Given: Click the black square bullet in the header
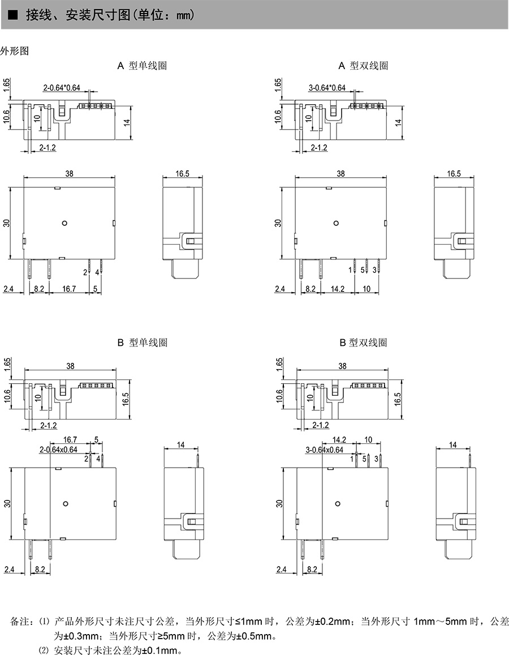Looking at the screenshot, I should pyautogui.click(x=12, y=15).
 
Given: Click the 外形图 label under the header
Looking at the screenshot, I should pyautogui.click(x=14, y=50).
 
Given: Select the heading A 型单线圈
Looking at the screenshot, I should pyautogui.click(x=142, y=66).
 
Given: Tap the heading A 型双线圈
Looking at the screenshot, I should pyautogui.click(x=363, y=66).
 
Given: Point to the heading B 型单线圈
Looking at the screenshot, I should pyautogui.click(x=142, y=343).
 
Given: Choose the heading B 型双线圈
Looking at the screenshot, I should pyautogui.click(x=363, y=343).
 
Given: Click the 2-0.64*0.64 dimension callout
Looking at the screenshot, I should pyautogui.click(x=62, y=88).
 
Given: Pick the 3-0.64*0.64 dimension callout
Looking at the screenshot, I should pyautogui.click(x=327, y=88).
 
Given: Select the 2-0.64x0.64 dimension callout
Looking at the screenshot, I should pyautogui.click(x=58, y=449).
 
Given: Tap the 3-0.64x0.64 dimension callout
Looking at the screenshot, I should pyautogui.click(x=324, y=449).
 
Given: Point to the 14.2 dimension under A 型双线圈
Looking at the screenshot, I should pyautogui.click(x=338, y=289).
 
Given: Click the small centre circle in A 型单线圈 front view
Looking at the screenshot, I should pyautogui.click(x=64, y=222).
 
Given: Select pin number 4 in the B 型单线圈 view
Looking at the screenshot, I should pyautogui.click(x=98, y=458).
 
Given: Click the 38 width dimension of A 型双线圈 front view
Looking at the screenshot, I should pyautogui.click(x=340, y=174).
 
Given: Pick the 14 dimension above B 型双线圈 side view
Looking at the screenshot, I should pyautogui.click(x=452, y=446).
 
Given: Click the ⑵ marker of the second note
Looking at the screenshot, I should pyautogui.click(x=44, y=649).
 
